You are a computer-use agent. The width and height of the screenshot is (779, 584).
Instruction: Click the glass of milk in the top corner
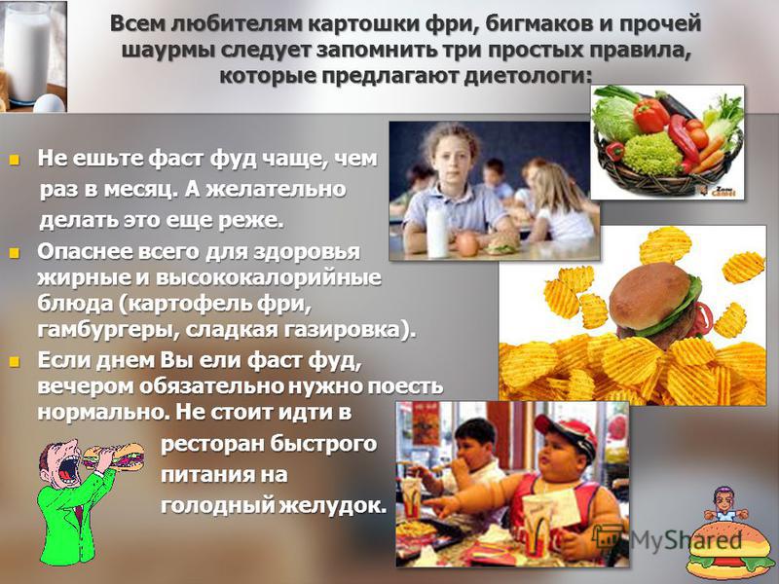coord(28,52)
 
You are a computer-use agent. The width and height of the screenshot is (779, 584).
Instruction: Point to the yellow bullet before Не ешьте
coord(15,161)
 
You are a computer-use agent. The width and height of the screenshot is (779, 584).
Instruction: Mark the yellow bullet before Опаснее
coord(15,253)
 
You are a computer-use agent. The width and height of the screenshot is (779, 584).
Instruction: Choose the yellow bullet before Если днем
coord(15,361)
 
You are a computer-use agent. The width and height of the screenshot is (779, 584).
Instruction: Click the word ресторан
coord(210,444)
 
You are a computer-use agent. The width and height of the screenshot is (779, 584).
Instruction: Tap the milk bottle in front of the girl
coord(437,230)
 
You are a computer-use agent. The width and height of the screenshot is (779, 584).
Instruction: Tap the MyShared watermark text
coord(686,539)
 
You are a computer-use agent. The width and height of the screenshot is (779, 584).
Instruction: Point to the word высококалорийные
coord(269,278)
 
